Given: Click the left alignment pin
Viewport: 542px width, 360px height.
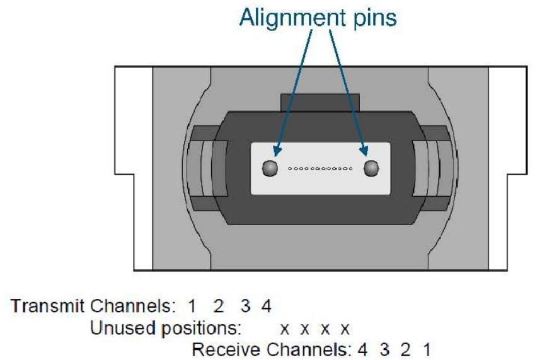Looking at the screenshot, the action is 270,168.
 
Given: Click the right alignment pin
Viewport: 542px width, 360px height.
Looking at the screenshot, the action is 371,168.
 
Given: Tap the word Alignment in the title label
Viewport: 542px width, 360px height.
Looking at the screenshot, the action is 292,17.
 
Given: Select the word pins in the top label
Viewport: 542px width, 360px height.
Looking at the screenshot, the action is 375,19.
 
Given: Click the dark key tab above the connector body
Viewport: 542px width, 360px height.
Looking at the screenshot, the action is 320,103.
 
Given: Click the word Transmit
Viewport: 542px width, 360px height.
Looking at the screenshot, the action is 47,306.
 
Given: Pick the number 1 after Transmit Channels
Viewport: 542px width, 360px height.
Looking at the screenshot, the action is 192,306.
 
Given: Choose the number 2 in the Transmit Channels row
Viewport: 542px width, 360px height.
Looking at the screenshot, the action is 219,306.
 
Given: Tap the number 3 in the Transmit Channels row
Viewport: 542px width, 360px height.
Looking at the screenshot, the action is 245,306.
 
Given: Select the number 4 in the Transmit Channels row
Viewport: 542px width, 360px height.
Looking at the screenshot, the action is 266,306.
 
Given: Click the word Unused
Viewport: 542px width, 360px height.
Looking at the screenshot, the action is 123,327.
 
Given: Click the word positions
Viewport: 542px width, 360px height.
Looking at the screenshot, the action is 201,328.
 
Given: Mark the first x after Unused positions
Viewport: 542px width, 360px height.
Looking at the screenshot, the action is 284,330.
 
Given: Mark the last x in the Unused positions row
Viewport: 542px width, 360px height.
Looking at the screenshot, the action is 345,330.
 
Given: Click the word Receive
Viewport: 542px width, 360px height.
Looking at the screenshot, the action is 226,349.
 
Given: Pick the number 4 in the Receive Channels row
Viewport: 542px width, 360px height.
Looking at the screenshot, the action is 362,350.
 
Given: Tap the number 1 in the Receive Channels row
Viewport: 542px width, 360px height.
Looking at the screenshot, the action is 427,350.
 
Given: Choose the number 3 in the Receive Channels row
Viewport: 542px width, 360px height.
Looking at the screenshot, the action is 384,350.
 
